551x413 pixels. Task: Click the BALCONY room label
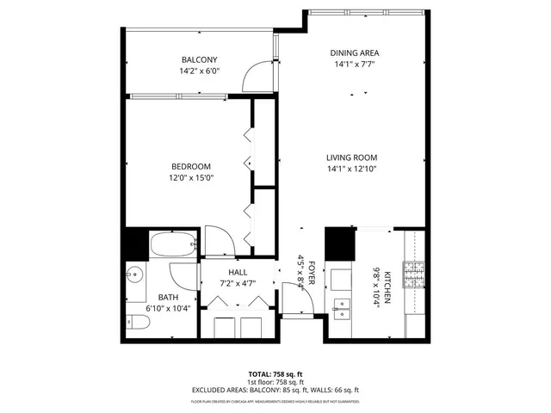pos(199,59)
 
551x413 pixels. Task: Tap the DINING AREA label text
pos(355,52)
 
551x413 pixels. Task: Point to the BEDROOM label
pos(190,166)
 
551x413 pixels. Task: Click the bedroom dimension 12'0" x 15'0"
pos(190,178)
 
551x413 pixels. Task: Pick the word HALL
pos(238,272)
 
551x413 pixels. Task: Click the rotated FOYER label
pos(313,274)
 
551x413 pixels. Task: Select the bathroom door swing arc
pos(183,277)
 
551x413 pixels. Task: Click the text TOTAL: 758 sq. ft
pos(275,373)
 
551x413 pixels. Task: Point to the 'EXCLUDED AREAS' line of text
pos(275,391)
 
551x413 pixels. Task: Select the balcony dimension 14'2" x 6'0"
pos(199,71)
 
